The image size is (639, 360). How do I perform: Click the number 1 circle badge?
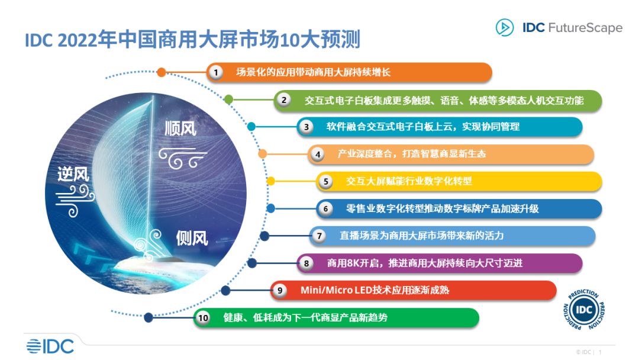point(217,72)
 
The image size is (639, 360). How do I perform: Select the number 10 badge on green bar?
point(204,318)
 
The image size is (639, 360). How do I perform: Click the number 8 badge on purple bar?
point(306,263)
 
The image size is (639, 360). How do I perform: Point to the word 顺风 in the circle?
point(180,128)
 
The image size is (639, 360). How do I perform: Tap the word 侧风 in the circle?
point(192,238)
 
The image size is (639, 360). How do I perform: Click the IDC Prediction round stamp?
point(585,310)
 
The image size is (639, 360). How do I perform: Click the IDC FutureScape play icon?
point(504,27)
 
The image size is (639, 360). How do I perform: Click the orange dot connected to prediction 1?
point(162,72)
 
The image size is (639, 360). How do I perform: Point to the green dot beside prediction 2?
point(229,99)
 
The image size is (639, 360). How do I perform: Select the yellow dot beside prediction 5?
point(271,181)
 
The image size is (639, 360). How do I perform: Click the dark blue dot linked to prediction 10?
point(149,317)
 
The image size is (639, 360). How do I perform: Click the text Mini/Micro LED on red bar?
point(333,290)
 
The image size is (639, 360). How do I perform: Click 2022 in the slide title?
point(80,41)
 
